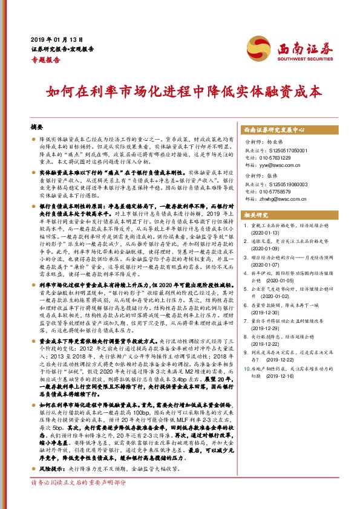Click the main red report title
pos(180,94)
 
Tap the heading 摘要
pos(37,128)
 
